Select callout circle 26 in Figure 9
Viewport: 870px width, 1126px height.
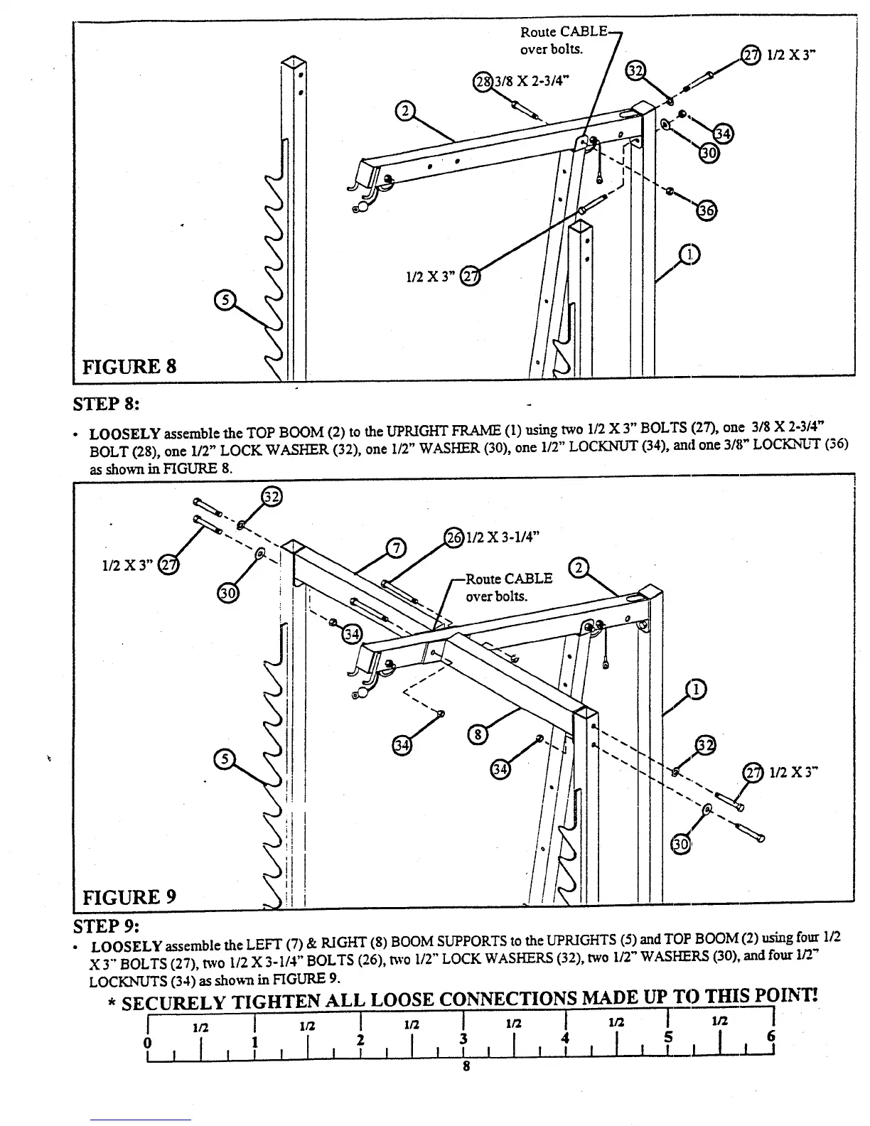[x=453, y=537]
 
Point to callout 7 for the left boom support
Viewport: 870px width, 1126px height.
[x=394, y=547]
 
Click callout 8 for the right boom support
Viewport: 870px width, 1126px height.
[x=478, y=734]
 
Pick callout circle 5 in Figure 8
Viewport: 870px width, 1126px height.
[x=225, y=301]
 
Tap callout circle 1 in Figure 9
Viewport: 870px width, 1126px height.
[x=696, y=689]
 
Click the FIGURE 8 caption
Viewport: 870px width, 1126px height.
[x=129, y=367]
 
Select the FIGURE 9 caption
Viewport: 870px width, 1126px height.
[x=129, y=897]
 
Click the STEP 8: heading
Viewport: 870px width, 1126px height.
[x=107, y=404]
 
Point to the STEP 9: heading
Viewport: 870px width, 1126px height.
[x=107, y=926]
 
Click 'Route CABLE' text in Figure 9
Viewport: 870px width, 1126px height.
[x=509, y=579]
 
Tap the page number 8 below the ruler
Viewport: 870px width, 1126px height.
[x=466, y=1066]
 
